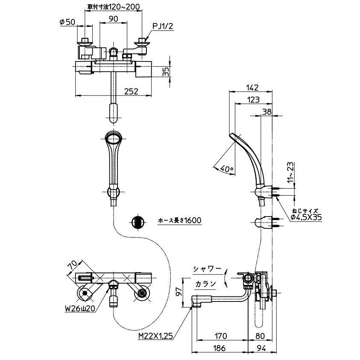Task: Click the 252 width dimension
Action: pos(131,91)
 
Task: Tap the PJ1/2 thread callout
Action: pos(163,26)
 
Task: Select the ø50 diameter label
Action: pos(67,22)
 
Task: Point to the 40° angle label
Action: pos(226,169)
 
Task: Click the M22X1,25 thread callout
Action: pos(155,337)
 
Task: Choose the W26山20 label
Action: pos(80,309)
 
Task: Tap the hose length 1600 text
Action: pos(180,220)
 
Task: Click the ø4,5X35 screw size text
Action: pos(306,217)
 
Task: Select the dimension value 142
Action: pos(252,88)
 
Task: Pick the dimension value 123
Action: pos(254,100)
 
